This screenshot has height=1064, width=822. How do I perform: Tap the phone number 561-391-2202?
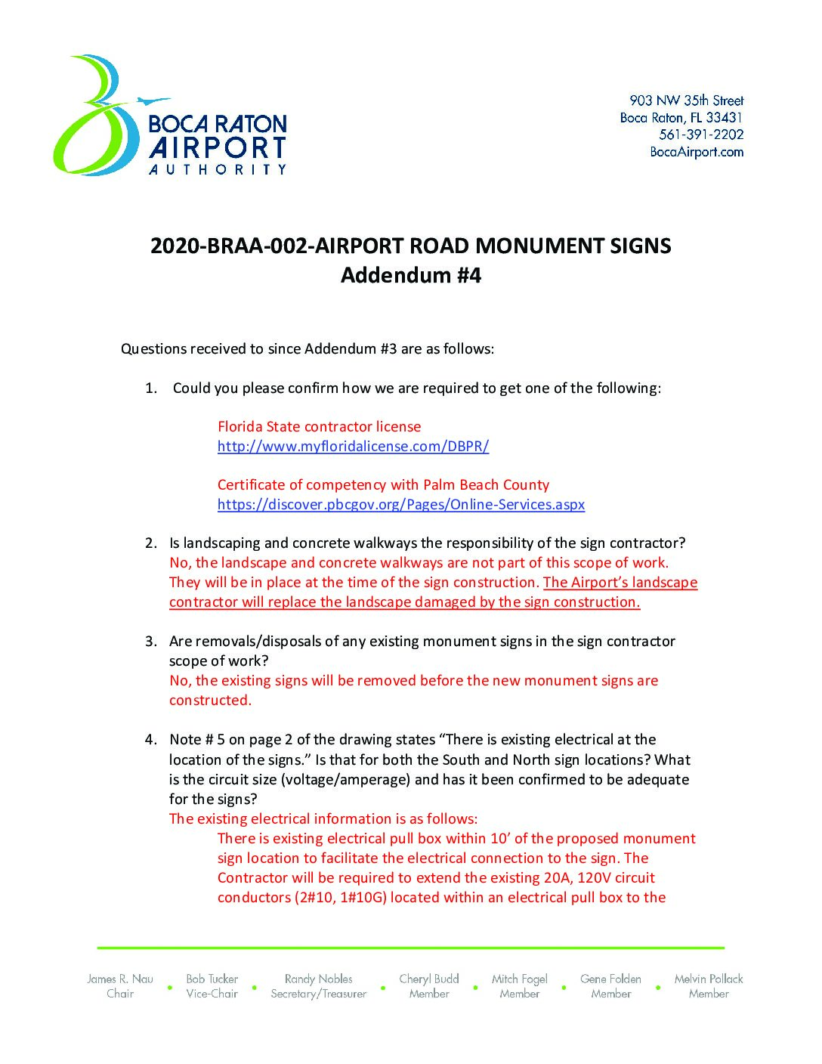701,135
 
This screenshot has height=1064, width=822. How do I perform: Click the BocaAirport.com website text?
697,152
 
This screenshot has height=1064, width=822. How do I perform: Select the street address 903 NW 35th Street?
686,101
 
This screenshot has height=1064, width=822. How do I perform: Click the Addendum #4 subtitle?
410,275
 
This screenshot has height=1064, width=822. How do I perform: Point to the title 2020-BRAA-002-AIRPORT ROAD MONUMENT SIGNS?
410,246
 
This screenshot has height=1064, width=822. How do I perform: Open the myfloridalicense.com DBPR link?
353,446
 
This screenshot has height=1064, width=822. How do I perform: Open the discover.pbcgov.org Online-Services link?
400,504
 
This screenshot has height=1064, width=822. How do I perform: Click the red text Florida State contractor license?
319,426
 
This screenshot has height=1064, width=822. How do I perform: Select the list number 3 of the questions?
151,642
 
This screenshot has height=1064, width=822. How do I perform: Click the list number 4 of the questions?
151,740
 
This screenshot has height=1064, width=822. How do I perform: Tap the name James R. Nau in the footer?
120,979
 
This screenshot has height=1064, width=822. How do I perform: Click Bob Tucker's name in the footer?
212,979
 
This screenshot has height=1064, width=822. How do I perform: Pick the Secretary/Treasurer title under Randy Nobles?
319,994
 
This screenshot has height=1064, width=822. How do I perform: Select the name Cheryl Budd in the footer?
429,979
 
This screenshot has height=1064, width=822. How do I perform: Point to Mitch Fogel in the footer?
520,979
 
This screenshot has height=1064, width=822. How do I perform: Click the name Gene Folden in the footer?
610,979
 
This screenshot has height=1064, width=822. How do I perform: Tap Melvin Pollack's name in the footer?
709,979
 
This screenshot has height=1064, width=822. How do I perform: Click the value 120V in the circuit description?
594,877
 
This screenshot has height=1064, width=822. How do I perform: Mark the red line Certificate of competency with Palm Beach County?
383,485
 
